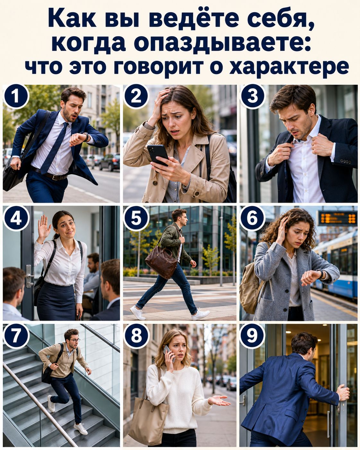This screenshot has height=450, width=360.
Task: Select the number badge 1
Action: pos(16,97)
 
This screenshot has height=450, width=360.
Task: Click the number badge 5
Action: pos(136,218)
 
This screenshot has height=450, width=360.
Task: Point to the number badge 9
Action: pos(252,335)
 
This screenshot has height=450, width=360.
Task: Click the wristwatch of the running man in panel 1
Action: pos(86,136)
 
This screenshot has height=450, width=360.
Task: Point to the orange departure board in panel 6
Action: pos(337,218)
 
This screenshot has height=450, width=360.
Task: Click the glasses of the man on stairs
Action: pos(74,340)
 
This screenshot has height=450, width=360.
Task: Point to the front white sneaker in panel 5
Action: pos(200,314)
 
